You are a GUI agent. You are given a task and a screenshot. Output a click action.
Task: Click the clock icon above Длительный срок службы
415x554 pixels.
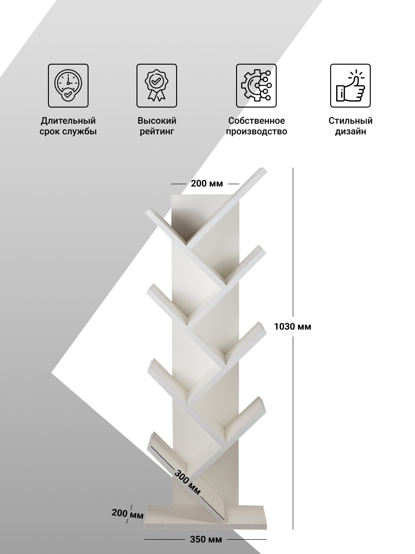[68, 85]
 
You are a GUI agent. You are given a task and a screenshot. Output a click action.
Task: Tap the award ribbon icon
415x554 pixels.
[156, 85]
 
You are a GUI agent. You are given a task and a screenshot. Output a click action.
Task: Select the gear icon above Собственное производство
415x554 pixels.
[256, 85]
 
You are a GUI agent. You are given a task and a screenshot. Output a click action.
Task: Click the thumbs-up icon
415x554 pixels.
[350, 85]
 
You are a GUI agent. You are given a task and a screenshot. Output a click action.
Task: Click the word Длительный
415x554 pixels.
[68, 120]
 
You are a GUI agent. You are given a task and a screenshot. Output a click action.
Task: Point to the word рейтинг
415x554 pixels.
[157, 132]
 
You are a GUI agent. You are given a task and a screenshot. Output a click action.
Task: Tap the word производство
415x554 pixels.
[256, 132]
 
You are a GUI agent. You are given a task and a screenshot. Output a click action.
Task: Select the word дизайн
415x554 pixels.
[350, 132]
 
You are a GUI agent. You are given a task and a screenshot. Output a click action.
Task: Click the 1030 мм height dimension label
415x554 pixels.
[292, 326]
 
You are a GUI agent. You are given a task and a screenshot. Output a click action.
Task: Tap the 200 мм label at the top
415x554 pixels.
[207, 183]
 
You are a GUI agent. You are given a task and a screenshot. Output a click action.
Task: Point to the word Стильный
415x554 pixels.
[350, 120]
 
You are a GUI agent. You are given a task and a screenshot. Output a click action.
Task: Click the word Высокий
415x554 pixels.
[157, 120]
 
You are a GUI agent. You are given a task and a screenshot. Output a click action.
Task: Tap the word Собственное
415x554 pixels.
[256, 120]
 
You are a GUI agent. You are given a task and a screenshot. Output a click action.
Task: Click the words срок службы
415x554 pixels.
[68, 132]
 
